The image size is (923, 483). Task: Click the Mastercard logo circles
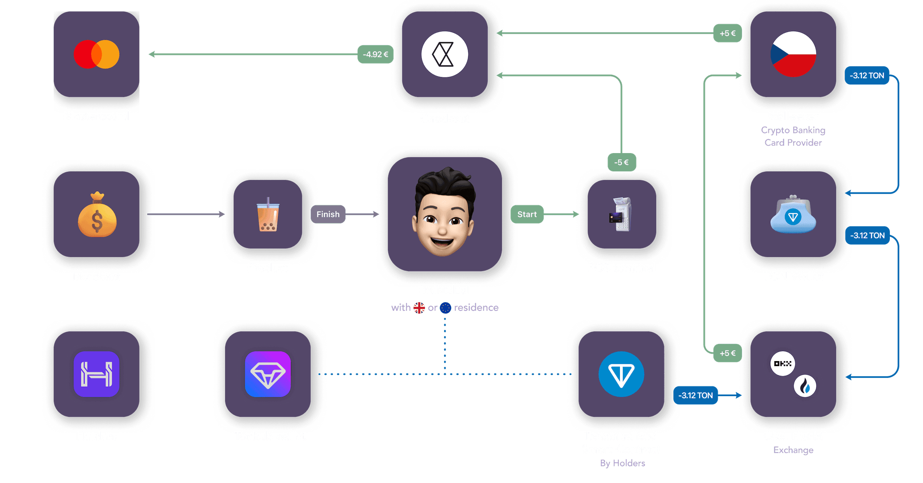tap(96, 54)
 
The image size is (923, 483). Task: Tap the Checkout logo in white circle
tap(444, 54)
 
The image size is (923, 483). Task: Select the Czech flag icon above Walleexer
tap(793, 54)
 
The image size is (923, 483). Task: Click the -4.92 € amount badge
tap(375, 54)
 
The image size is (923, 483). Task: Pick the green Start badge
tap(527, 214)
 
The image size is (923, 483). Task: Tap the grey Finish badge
tap(328, 214)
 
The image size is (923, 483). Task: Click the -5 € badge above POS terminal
tap(621, 162)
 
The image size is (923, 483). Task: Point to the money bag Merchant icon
tap(97, 215)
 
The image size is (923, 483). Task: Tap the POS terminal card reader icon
tap(621, 214)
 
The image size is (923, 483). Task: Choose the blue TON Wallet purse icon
tap(793, 215)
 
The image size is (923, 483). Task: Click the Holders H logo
tap(97, 374)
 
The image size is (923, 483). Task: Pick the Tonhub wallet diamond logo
tap(268, 374)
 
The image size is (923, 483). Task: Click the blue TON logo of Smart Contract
tap(621, 374)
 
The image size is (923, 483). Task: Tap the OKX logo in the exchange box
tap(782, 363)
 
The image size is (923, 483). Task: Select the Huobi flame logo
tap(805, 386)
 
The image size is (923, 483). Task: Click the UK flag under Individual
tap(419, 308)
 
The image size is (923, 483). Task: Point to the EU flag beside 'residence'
tap(445, 308)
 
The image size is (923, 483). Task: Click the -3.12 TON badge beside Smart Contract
tap(696, 395)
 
